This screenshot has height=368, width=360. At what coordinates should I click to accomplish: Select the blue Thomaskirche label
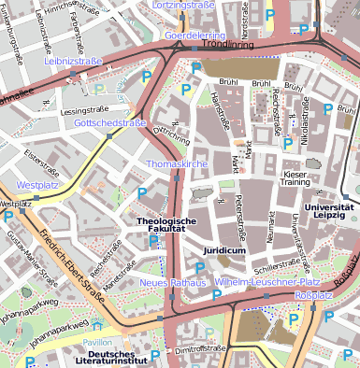click(x=176, y=164)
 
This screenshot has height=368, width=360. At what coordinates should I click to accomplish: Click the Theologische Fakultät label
click(x=166, y=225)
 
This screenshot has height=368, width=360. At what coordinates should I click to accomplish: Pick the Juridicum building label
click(x=223, y=252)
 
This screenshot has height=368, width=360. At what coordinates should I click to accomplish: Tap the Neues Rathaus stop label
click(x=172, y=283)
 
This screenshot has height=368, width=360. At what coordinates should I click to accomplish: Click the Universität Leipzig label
click(x=329, y=211)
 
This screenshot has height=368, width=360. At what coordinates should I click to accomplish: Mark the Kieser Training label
click(x=295, y=178)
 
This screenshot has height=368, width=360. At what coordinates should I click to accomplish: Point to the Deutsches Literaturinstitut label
click(x=118, y=359)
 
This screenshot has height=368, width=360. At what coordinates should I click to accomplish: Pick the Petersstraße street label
click(x=242, y=216)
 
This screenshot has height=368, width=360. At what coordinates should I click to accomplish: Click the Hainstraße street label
click(x=220, y=110)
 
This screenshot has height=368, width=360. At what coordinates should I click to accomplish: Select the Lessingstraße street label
click(x=79, y=111)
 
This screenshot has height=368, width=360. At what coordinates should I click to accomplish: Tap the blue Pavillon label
click(x=97, y=343)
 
